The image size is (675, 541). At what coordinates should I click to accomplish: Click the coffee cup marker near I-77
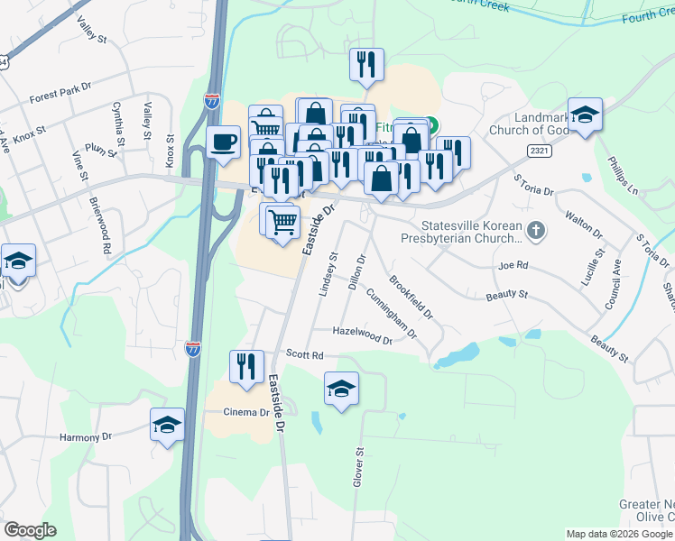(x=223, y=142)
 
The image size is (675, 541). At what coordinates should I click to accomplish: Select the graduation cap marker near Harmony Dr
(x=167, y=425)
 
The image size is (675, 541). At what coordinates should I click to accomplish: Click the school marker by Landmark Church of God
(x=585, y=115)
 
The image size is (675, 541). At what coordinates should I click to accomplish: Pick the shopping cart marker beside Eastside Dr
(x=283, y=219)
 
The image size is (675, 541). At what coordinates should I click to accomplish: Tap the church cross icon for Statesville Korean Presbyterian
(x=537, y=230)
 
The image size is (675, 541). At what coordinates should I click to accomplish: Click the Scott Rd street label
(x=304, y=355)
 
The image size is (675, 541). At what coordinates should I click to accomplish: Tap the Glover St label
(x=358, y=469)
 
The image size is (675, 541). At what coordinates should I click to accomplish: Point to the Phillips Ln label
(x=622, y=178)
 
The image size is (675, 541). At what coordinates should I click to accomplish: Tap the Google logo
(x=30, y=530)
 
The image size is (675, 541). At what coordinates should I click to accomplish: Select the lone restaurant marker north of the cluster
(x=365, y=64)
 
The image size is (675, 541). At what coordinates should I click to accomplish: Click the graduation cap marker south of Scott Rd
(x=341, y=389)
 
